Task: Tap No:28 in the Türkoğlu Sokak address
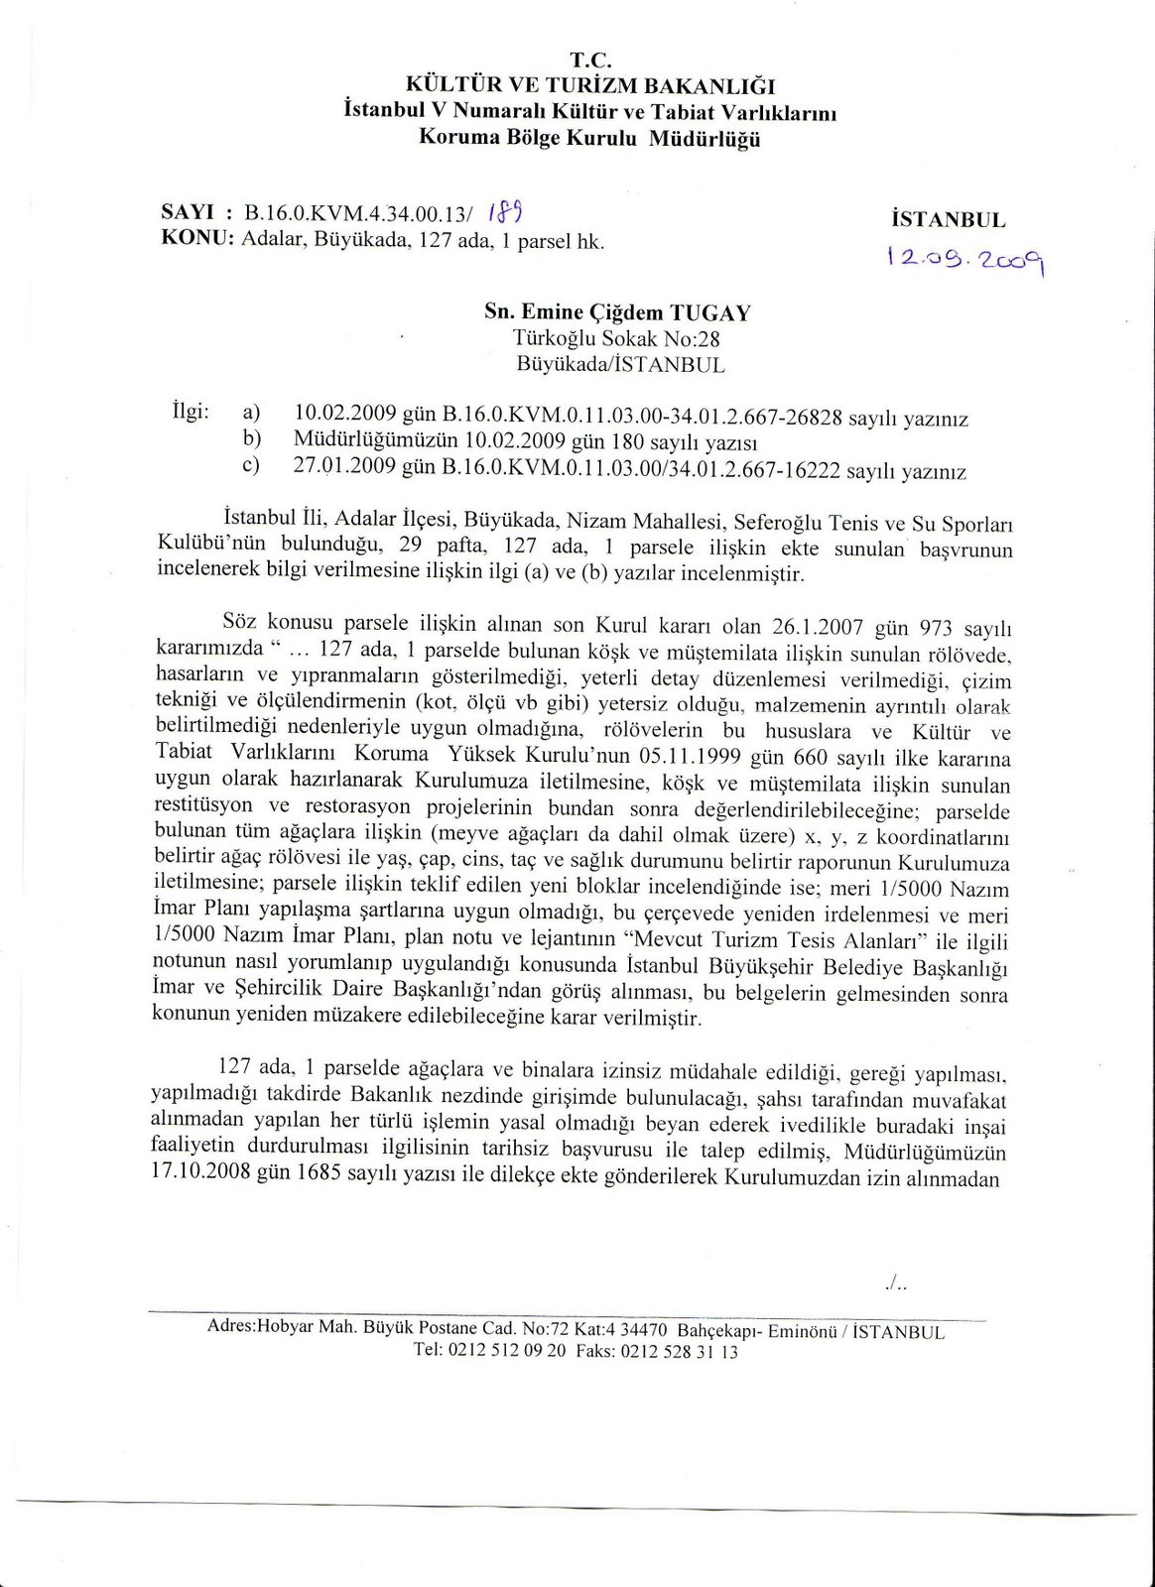coord(692,339)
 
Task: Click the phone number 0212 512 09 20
coord(506,1350)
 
